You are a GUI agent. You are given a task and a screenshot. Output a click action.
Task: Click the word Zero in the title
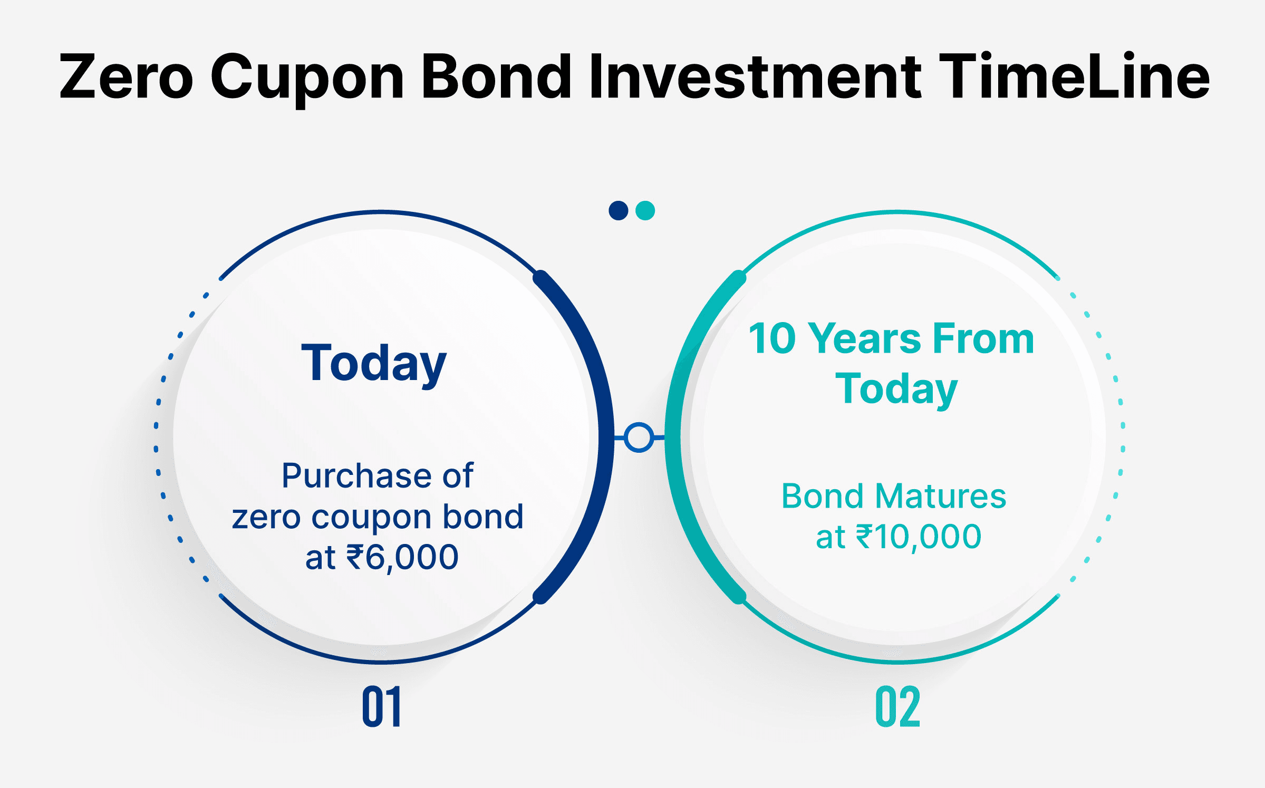click(127, 76)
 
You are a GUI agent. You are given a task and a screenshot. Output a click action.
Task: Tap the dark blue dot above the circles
click(619, 210)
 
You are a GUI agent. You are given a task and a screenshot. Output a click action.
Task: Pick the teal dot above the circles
click(645, 210)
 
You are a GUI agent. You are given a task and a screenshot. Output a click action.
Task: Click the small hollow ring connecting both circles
click(639, 437)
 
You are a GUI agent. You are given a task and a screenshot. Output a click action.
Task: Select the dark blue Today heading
click(374, 365)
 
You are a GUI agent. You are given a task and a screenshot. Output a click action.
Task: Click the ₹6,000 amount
click(402, 558)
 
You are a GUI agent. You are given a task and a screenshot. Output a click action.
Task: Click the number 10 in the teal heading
click(772, 338)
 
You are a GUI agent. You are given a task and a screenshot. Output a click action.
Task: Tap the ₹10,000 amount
click(918, 537)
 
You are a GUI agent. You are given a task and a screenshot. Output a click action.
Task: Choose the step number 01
click(382, 706)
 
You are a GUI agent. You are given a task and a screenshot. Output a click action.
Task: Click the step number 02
click(898, 706)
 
